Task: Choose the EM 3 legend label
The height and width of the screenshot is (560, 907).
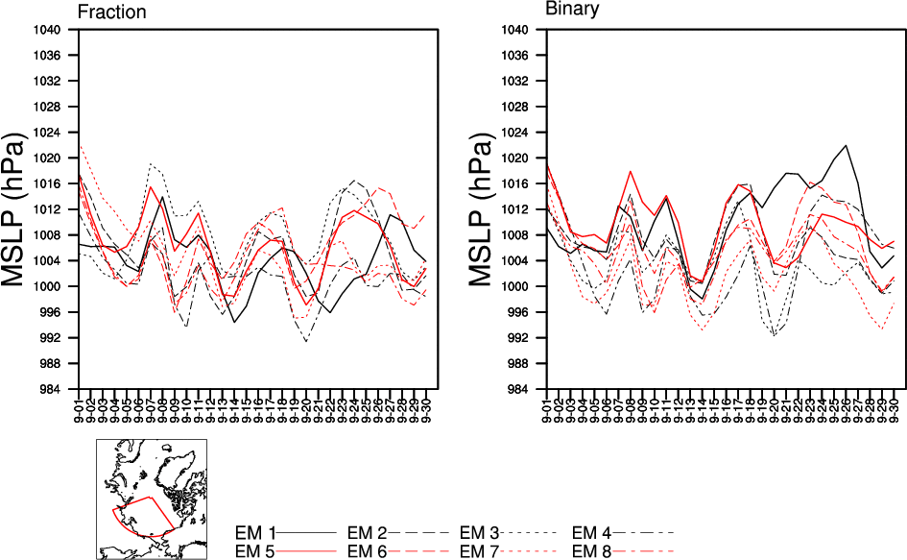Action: tap(480, 531)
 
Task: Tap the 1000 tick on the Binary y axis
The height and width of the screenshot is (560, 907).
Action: tap(518, 286)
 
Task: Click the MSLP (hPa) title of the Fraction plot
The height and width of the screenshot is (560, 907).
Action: tap(21, 208)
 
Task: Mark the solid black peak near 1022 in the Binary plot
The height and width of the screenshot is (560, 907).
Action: tap(846, 146)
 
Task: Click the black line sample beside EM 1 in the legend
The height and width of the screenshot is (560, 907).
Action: tap(308, 531)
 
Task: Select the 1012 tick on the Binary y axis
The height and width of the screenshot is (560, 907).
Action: tap(518, 209)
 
